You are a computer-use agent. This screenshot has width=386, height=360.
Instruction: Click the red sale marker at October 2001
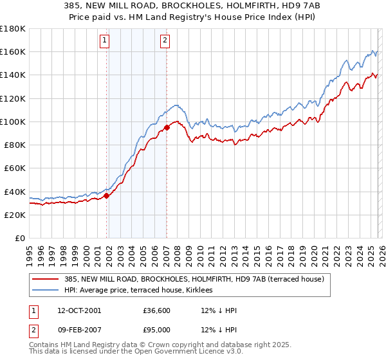tap(107, 195)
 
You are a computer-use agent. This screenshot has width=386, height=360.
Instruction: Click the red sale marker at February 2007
tap(167, 127)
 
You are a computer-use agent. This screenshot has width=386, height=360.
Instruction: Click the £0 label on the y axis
tap(21, 238)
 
